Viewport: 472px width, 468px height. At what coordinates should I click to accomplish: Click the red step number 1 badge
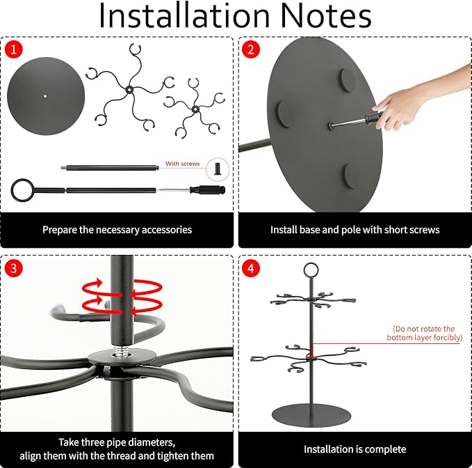[x=13, y=49]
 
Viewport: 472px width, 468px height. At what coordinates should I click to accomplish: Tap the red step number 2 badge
[x=251, y=49]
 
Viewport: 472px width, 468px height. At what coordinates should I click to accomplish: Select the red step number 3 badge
[x=13, y=267]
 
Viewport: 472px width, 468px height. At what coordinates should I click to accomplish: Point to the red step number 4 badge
[x=251, y=267]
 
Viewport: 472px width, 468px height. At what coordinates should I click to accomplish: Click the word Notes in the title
[x=326, y=16]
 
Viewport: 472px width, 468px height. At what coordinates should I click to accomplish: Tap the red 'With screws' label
[x=182, y=164]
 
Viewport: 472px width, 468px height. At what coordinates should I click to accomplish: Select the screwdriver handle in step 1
[x=208, y=190]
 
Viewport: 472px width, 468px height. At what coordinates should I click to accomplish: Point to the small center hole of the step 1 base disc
[x=45, y=96]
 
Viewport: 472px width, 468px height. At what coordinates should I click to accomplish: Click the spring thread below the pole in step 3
[x=122, y=351]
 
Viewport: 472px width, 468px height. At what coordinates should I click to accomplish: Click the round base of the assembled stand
[x=311, y=416]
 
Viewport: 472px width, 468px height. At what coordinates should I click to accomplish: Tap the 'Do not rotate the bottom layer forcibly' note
[x=424, y=333]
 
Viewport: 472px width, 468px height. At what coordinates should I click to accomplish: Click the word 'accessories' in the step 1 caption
[x=166, y=230]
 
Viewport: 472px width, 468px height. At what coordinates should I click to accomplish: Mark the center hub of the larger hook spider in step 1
[x=129, y=90]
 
